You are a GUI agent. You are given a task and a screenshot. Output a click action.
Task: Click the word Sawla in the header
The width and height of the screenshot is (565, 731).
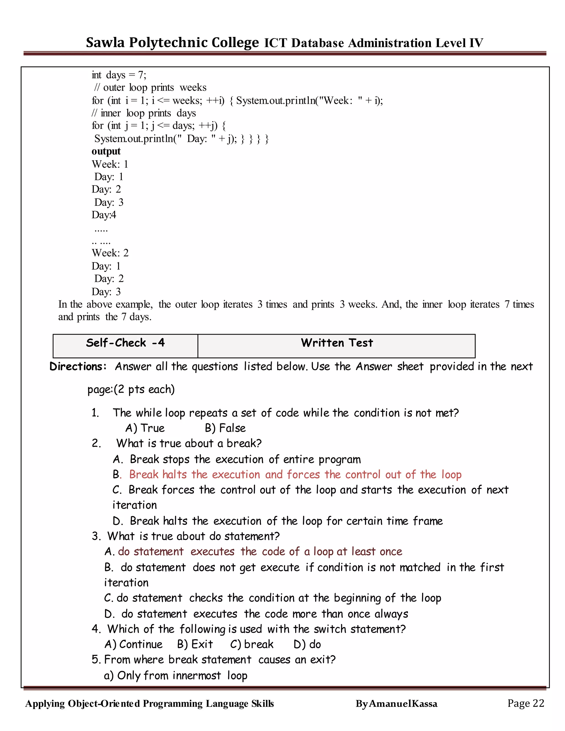coord(105,42)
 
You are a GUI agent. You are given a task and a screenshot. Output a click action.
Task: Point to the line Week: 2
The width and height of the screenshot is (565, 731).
coord(110,253)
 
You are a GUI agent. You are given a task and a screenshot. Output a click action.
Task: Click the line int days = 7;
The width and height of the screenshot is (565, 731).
coord(119,75)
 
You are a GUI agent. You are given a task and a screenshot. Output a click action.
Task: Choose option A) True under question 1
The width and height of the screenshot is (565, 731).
coord(145,428)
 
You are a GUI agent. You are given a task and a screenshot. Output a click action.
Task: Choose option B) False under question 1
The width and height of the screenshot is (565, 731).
coord(225,428)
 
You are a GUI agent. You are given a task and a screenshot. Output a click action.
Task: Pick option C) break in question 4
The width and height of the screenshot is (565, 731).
coord(252,644)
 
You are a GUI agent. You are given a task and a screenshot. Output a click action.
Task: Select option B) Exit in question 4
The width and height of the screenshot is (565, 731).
coord(195,644)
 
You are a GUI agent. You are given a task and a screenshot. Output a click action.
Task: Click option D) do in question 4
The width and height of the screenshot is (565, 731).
coord(307,644)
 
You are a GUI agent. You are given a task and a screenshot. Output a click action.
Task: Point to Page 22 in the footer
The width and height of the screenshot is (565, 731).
coord(526,703)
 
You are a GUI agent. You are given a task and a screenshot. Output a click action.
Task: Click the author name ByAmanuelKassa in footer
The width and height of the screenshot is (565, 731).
coord(396,704)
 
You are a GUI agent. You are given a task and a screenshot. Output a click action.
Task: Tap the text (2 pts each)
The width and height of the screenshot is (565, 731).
coord(144,389)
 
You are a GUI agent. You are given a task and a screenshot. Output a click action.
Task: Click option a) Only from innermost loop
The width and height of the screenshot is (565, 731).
coord(175,676)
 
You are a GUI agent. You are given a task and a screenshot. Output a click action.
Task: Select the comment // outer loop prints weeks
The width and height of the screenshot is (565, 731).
coord(150,88)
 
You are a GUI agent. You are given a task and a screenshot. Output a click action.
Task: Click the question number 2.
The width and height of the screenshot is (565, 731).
coord(96,444)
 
